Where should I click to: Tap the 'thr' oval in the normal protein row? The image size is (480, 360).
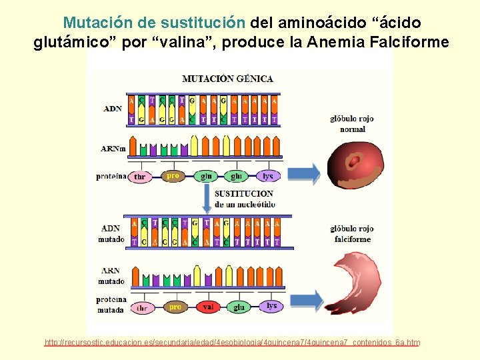click(x=141, y=177)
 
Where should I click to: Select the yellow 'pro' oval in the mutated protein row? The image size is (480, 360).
click(x=175, y=307)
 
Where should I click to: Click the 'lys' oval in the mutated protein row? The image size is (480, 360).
click(x=271, y=306)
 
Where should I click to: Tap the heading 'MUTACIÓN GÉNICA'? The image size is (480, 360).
click(x=227, y=79)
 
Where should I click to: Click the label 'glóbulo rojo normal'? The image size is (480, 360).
click(x=352, y=123)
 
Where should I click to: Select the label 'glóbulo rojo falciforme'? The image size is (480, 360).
click(x=352, y=233)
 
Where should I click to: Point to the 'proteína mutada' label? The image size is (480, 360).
click(x=111, y=304)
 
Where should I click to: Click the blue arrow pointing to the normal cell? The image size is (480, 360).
click(x=303, y=174)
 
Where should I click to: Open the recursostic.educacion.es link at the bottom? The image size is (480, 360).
click(x=232, y=343)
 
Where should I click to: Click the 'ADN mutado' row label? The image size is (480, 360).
click(x=111, y=233)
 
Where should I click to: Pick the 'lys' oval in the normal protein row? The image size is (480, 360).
click(x=268, y=176)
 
